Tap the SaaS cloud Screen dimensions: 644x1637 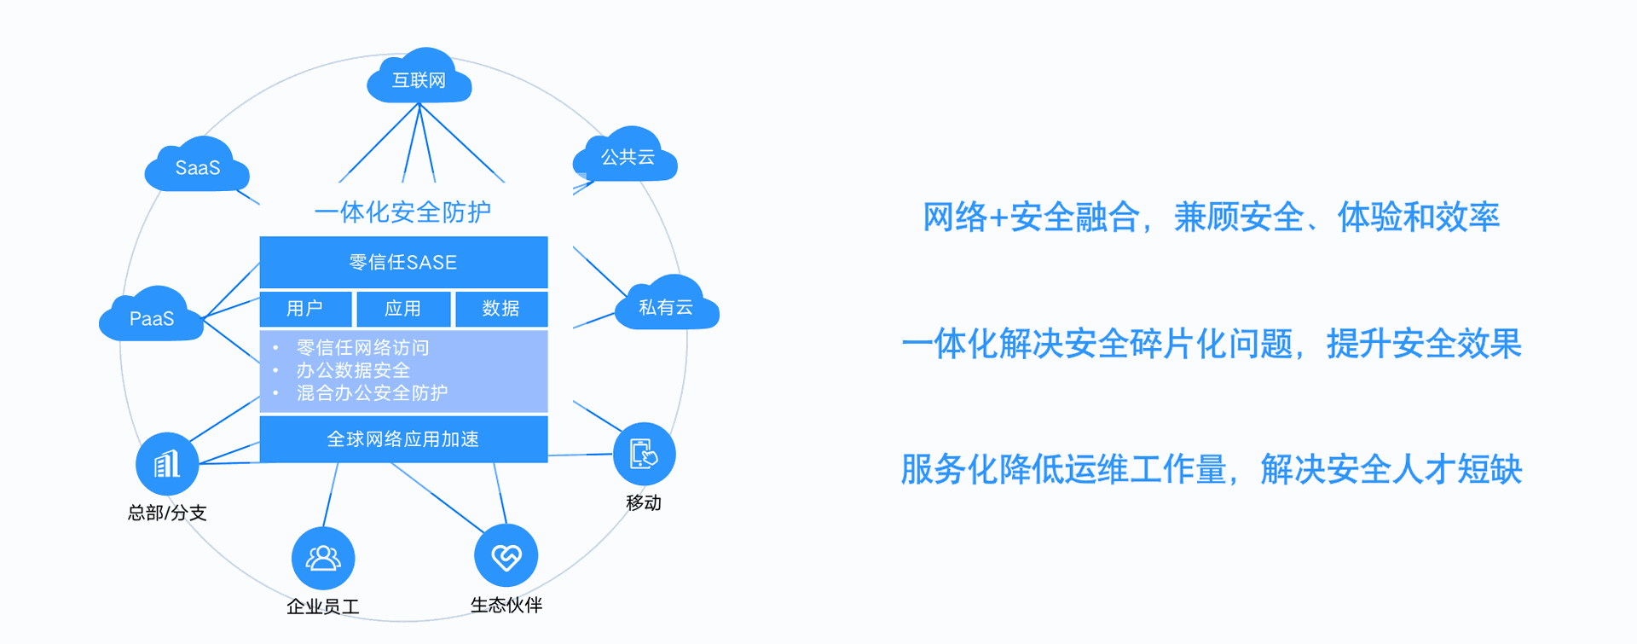[197, 167]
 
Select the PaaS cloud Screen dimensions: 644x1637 [152, 318]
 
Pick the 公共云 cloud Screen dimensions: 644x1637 [627, 157]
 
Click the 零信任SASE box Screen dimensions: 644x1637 [403, 262]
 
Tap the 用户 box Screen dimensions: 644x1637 [305, 309]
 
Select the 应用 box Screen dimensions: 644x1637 [403, 309]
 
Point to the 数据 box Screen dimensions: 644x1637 [501, 309]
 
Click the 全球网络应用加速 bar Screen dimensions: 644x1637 [403, 439]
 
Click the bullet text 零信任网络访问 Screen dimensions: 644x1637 [362, 347]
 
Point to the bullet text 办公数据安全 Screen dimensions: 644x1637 [353, 370]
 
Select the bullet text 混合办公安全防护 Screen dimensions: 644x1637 [372, 393]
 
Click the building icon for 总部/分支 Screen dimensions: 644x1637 [167, 464]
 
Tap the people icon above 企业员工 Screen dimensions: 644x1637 [323, 559]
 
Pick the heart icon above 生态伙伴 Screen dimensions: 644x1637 [506, 557]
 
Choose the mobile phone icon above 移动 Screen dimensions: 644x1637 [644, 454]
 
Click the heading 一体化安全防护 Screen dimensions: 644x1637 [402, 212]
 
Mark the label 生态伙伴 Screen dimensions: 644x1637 [506, 606]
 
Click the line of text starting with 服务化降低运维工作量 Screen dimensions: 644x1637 [1211, 469]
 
